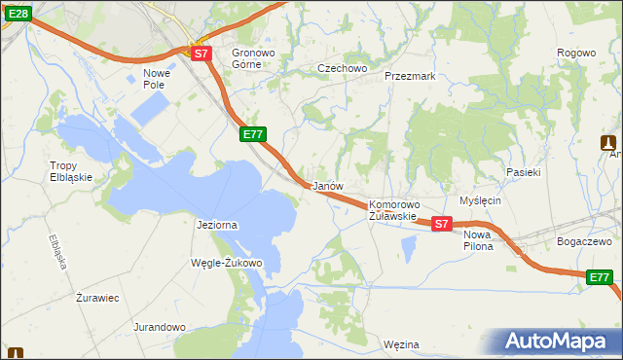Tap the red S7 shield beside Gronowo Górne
click(x=201, y=54)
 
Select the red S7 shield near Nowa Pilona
click(x=441, y=224)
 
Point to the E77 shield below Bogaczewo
click(x=601, y=278)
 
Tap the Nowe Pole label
click(x=157, y=79)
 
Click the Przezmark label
click(x=409, y=75)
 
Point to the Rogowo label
click(x=575, y=53)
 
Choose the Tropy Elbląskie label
click(x=71, y=171)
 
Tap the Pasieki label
click(x=523, y=171)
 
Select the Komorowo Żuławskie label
click(x=393, y=210)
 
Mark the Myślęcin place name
click(x=480, y=199)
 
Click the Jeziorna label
click(x=217, y=225)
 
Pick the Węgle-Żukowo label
click(x=228, y=263)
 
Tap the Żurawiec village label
click(x=97, y=298)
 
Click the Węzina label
click(x=401, y=344)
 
